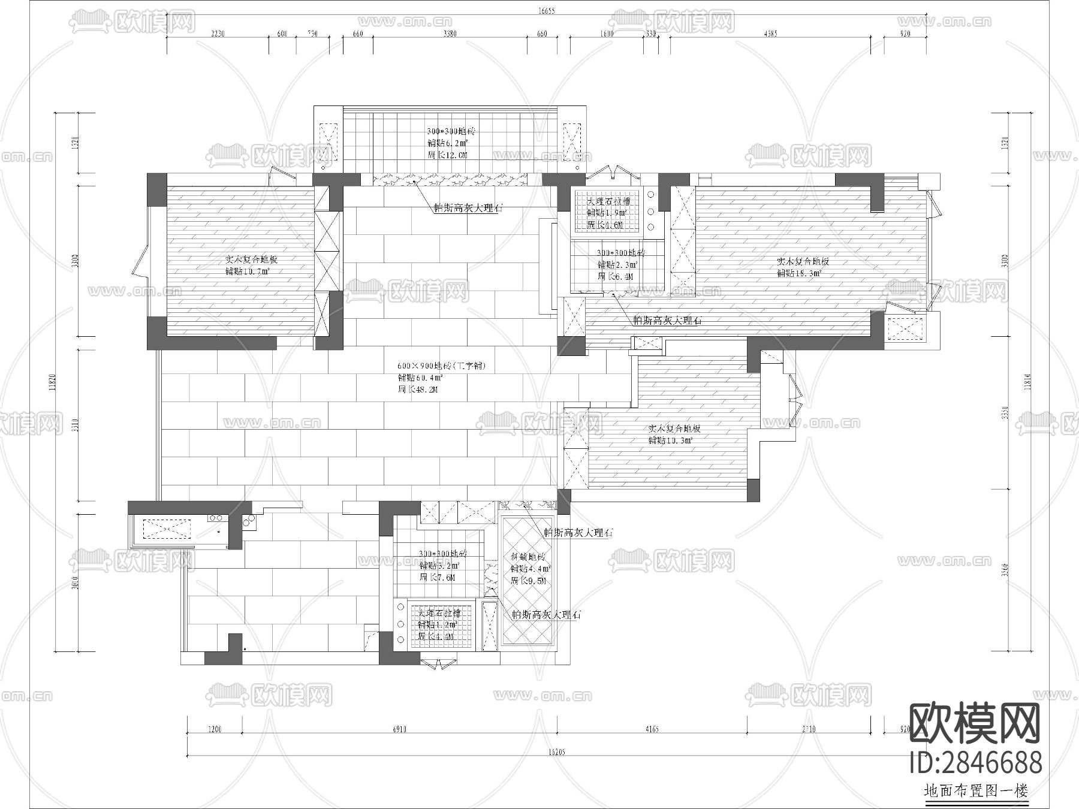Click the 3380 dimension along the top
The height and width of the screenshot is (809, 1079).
pyautogui.click(x=450, y=34)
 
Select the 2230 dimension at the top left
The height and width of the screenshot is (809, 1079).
pyautogui.click(x=218, y=34)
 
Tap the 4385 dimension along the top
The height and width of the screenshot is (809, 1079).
pyautogui.click(x=770, y=34)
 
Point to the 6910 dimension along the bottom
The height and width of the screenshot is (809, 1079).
pyautogui.click(x=399, y=729)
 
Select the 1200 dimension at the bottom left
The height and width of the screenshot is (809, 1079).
pyautogui.click(x=214, y=729)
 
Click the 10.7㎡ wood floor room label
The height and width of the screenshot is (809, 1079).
pyautogui.click(x=247, y=271)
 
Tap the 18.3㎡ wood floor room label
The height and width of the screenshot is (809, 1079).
pyautogui.click(x=799, y=273)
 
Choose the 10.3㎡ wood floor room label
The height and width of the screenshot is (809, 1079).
pyautogui.click(x=670, y=440)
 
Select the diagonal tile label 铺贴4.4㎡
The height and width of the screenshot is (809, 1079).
pyautogui.click(x=530, y=569)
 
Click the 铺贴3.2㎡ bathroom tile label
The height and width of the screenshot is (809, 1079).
pyautogui.click(x=439, y=566)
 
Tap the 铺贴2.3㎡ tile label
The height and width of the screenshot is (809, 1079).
pyautogui.click(x=617, y=264)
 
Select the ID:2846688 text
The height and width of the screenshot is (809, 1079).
pyautogui.click(x=975, y=763)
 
